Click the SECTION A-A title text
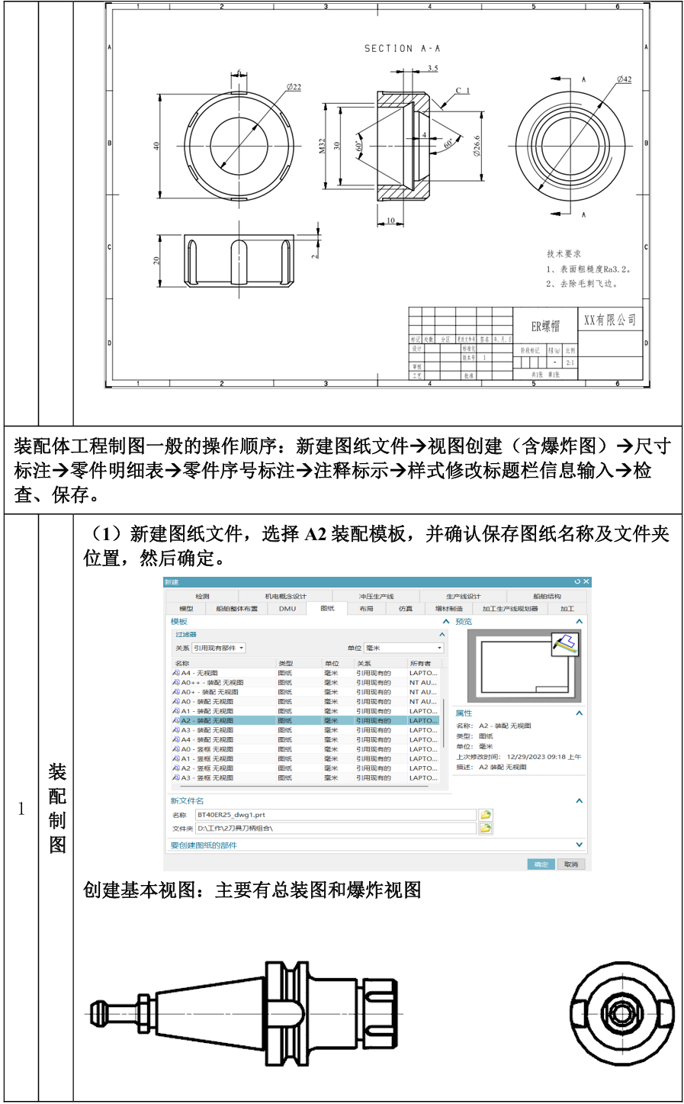click(402, 48)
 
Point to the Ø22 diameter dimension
click(294, 87)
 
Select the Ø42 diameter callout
click(624, 79)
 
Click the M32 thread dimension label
click(322, 146)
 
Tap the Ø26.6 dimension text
click(477, 146)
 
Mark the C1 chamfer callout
click(463, 91)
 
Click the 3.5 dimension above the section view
click(432, 69)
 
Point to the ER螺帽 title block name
click(545, 326)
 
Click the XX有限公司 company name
click(609, 320)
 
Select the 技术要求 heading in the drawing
click(564, 253)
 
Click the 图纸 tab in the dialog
click(327, 609)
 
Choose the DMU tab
click(287, 609)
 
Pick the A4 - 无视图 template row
click(200, 673)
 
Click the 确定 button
click(541, 864)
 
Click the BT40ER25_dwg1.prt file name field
click(336, 815)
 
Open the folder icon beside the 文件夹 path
click(486, 828)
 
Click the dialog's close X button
click(586, 582)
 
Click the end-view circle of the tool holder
click(623, 1014)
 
